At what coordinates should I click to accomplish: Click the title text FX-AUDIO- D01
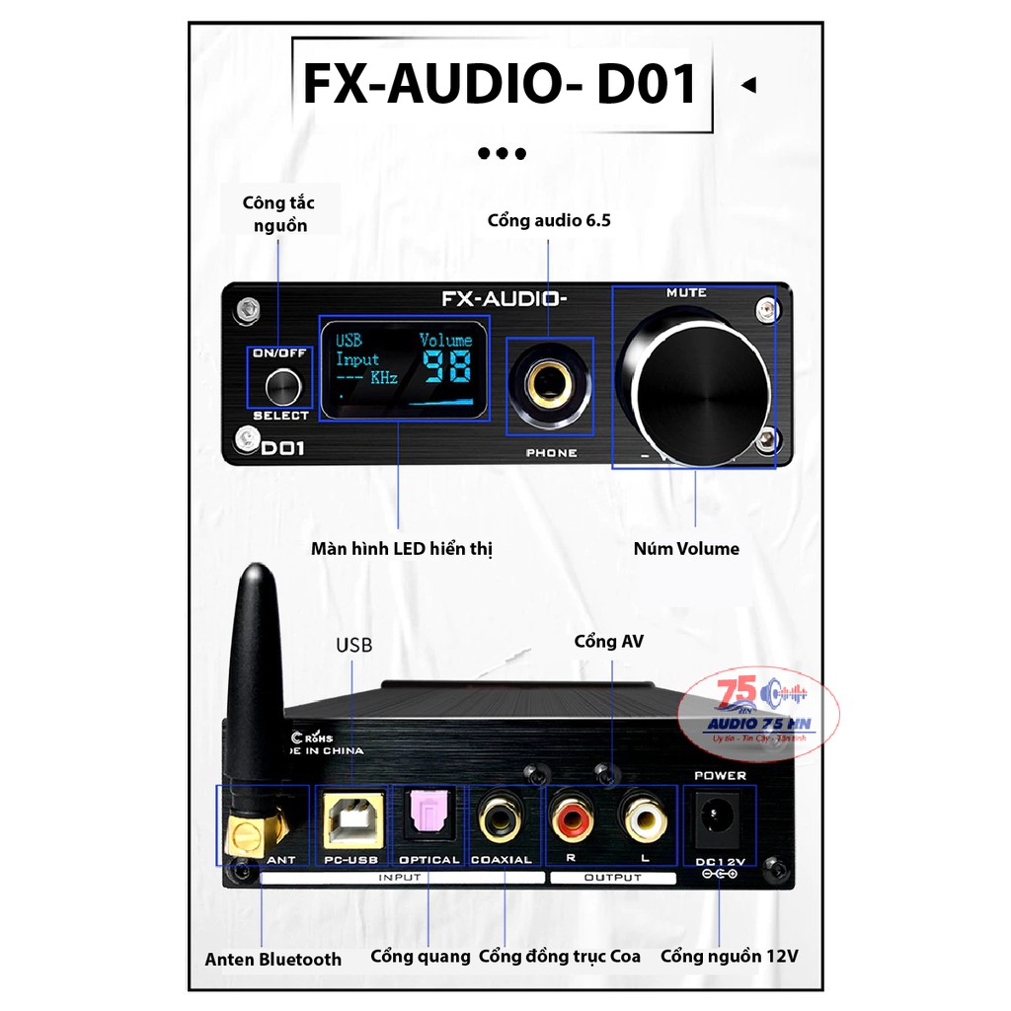point(501,86)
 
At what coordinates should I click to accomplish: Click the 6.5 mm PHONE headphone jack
point(549,384)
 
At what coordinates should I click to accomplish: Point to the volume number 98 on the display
point(446,368)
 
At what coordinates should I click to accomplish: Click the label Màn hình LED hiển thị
point(401,549)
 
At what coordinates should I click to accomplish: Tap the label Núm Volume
point(686,549)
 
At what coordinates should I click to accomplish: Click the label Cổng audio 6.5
point(549,220)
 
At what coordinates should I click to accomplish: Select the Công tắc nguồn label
point(278,214)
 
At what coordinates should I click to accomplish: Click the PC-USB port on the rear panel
point(352,821)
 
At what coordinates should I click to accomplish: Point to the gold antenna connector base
point(248,834)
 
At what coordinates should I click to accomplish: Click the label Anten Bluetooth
point(273,959)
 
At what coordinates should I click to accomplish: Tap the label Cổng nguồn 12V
point(730,956)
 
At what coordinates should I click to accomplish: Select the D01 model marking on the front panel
point(283,447)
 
